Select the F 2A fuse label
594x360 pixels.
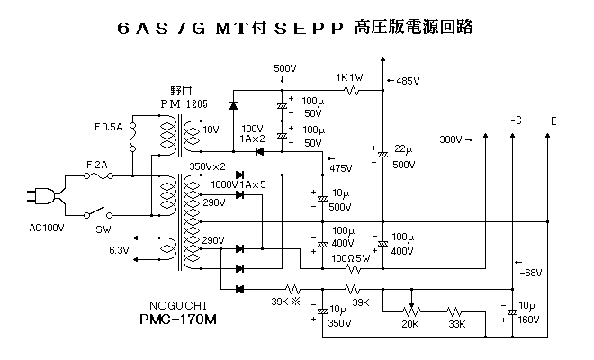97,166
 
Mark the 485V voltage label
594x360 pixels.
407,81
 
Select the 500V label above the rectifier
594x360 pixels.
284,69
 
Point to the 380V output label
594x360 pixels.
452,139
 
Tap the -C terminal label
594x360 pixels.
515,121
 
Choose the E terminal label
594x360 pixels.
553,121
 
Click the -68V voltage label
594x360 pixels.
532,272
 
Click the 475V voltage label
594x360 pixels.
341,167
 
